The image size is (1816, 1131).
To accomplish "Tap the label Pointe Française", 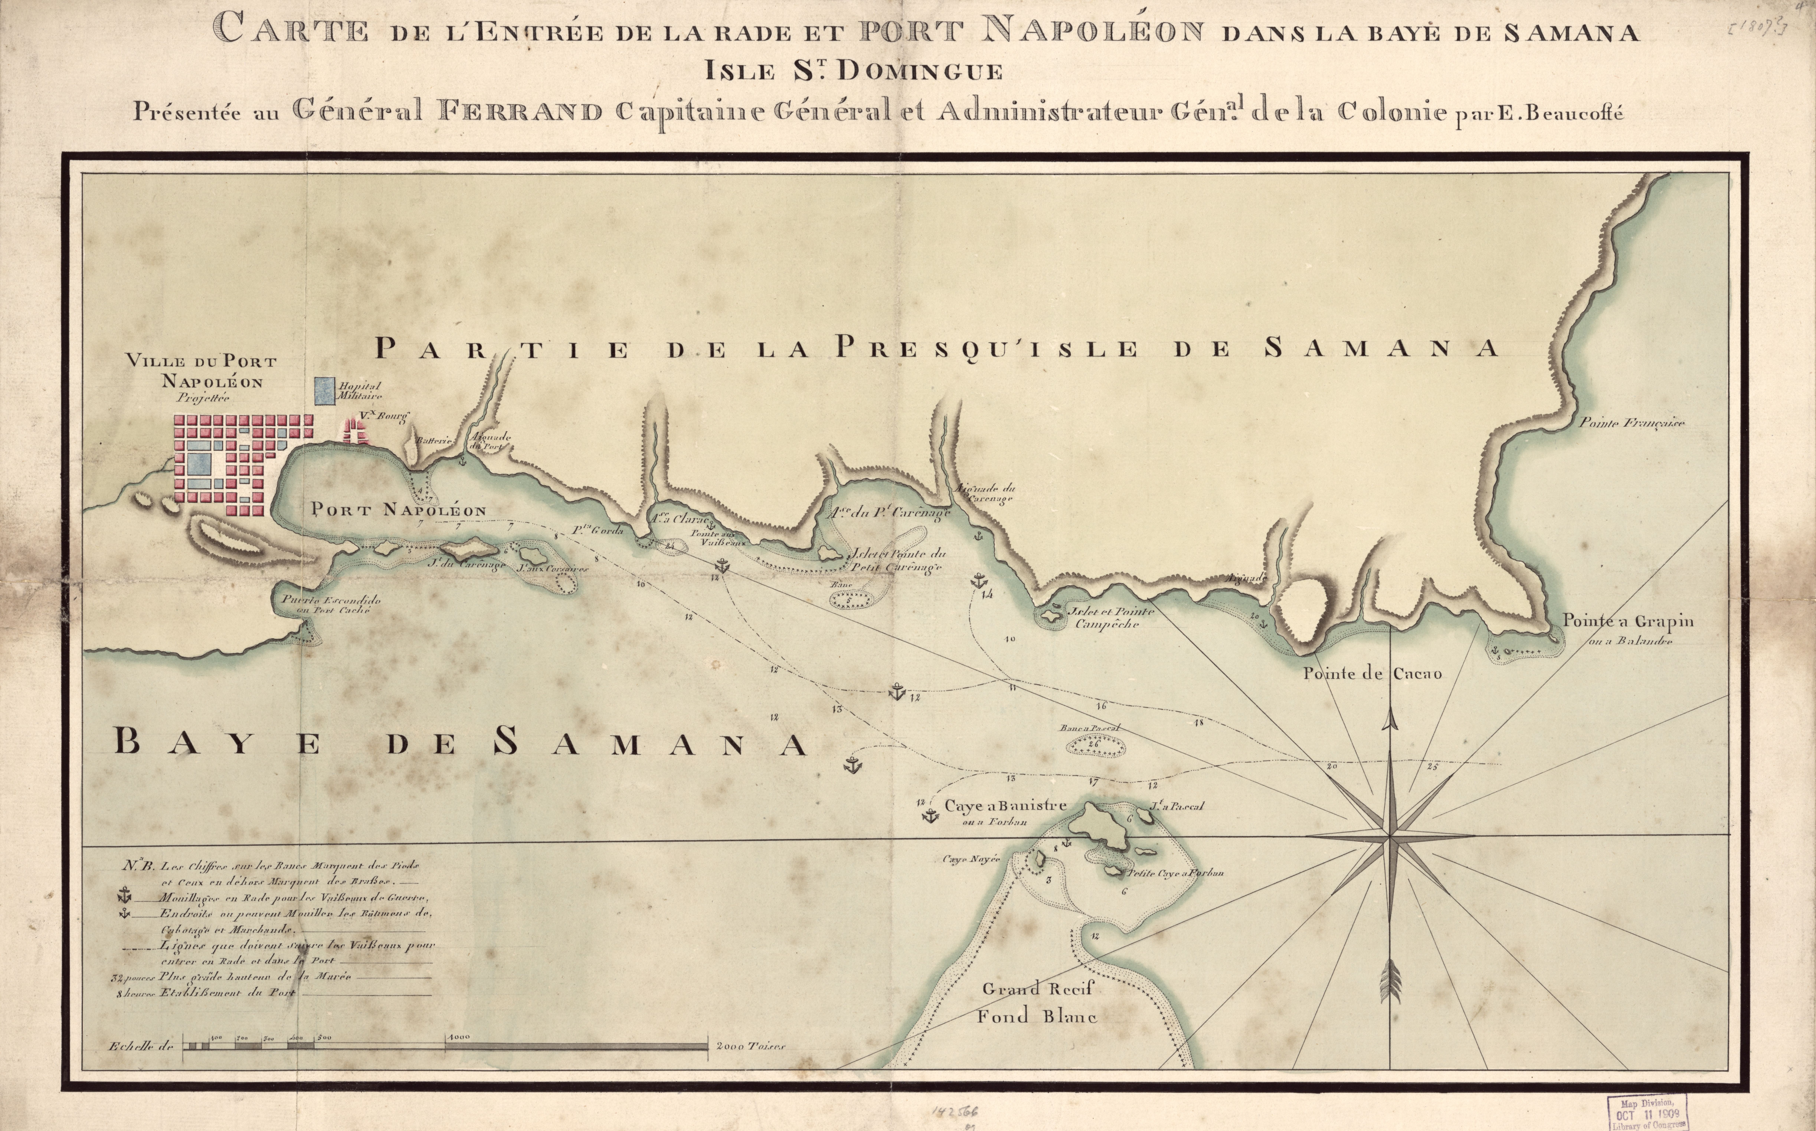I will click(1631, 423).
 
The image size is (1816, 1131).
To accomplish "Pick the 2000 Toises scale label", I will click(750, 1047).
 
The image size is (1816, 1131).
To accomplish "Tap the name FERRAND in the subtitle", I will click(520, 112).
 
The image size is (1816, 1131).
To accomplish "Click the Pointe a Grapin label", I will click(1627, 621).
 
